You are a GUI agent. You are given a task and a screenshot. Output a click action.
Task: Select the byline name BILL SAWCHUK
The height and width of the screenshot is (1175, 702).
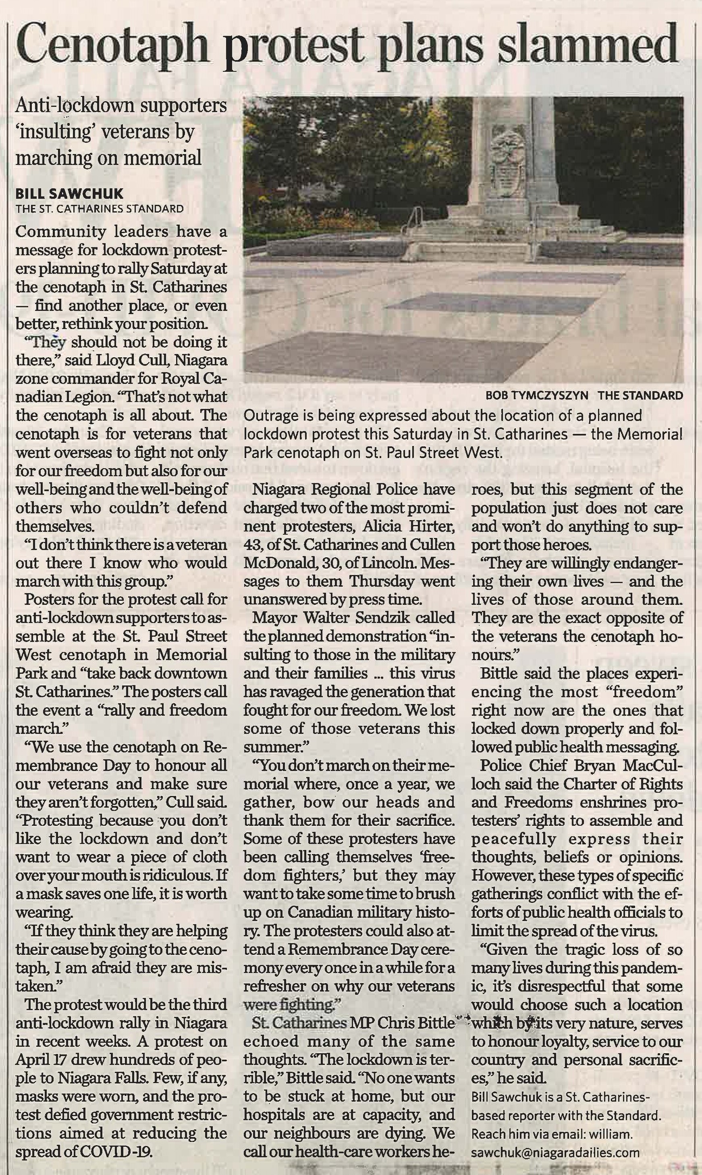(70, 194)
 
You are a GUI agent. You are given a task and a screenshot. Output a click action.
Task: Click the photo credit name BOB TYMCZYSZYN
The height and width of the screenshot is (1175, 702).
(537, 396)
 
